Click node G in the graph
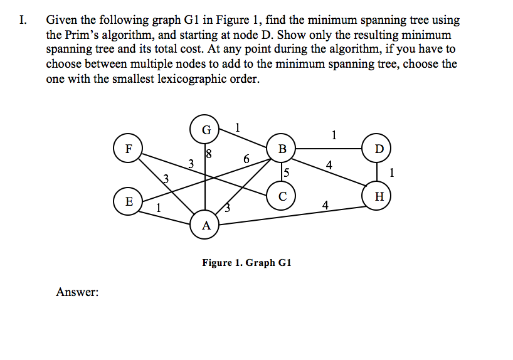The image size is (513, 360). pos(206,130)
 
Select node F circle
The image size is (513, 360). pos(129,149)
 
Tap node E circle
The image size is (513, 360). pos(129,201)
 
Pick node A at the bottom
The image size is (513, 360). pos(206,225)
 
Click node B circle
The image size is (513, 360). pos(282,149)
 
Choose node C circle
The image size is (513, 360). pos(282,196)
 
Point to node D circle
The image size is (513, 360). pos(377,149)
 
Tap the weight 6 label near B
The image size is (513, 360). pos(247,159)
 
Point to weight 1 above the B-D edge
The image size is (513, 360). pos(334,134)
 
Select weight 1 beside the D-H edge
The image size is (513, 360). pos(392,172)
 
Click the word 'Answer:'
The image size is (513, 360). pos(77,292)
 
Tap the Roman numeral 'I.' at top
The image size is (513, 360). pos(23,21)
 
